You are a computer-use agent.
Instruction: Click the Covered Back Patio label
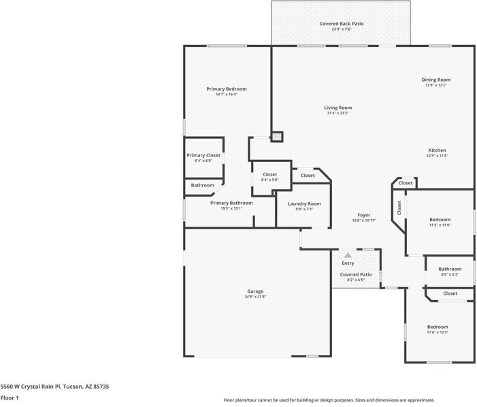pos(341,24)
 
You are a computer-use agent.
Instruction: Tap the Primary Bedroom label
pos(227,89)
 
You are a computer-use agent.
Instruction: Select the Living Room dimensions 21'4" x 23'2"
pos(338,114)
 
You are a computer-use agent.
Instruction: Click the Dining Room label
pos(437,80)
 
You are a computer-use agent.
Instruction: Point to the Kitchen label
pos(437,150)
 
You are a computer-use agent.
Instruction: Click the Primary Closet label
pos(203,155)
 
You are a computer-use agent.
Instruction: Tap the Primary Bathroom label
pos(231,203)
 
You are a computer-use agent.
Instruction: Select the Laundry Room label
pos(303,203)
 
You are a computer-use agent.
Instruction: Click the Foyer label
pos(364,215)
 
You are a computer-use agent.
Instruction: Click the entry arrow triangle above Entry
pos(348,255)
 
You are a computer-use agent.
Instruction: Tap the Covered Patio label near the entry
pos(356,275)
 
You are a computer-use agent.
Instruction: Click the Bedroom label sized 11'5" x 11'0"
pos(440,220)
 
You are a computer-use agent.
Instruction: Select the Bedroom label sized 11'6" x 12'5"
pos(438,327)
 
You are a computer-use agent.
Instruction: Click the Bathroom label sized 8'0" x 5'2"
pos(450,269)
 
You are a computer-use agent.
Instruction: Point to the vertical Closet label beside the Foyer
pos(399,208)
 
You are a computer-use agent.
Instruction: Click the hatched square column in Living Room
pos(277,137)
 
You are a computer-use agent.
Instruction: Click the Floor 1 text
pos(10,397)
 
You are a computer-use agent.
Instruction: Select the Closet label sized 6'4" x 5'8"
pos(270,175)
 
